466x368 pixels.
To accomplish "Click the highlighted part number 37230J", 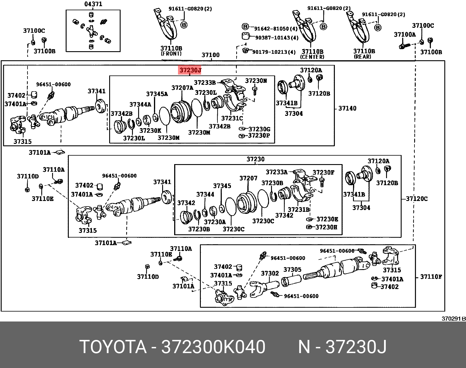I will pos(190,70).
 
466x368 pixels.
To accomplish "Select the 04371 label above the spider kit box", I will pos(93,4).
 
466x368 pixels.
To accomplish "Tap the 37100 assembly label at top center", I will pos(210,55).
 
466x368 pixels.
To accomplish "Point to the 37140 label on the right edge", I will pos(347,108).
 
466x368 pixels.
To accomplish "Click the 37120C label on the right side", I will pos(417,199).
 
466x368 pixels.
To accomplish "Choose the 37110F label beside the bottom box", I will pos(431,276).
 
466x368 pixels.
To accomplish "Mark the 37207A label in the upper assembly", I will pos(182,87).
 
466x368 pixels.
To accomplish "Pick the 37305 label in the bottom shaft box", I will pos(292,269).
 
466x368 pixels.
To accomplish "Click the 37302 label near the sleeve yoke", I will pos(270,273).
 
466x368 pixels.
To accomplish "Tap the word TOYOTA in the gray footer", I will pos(113,347).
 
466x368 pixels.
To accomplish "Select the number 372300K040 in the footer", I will pos(213,347).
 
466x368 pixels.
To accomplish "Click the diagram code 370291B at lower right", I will pos(453,319).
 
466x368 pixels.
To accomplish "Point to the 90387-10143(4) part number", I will pos(277,38).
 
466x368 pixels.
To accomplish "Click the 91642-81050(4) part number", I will pos(276,29).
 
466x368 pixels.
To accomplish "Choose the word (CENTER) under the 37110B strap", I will pos(312,57).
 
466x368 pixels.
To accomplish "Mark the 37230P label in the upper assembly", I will pos(259,135).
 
